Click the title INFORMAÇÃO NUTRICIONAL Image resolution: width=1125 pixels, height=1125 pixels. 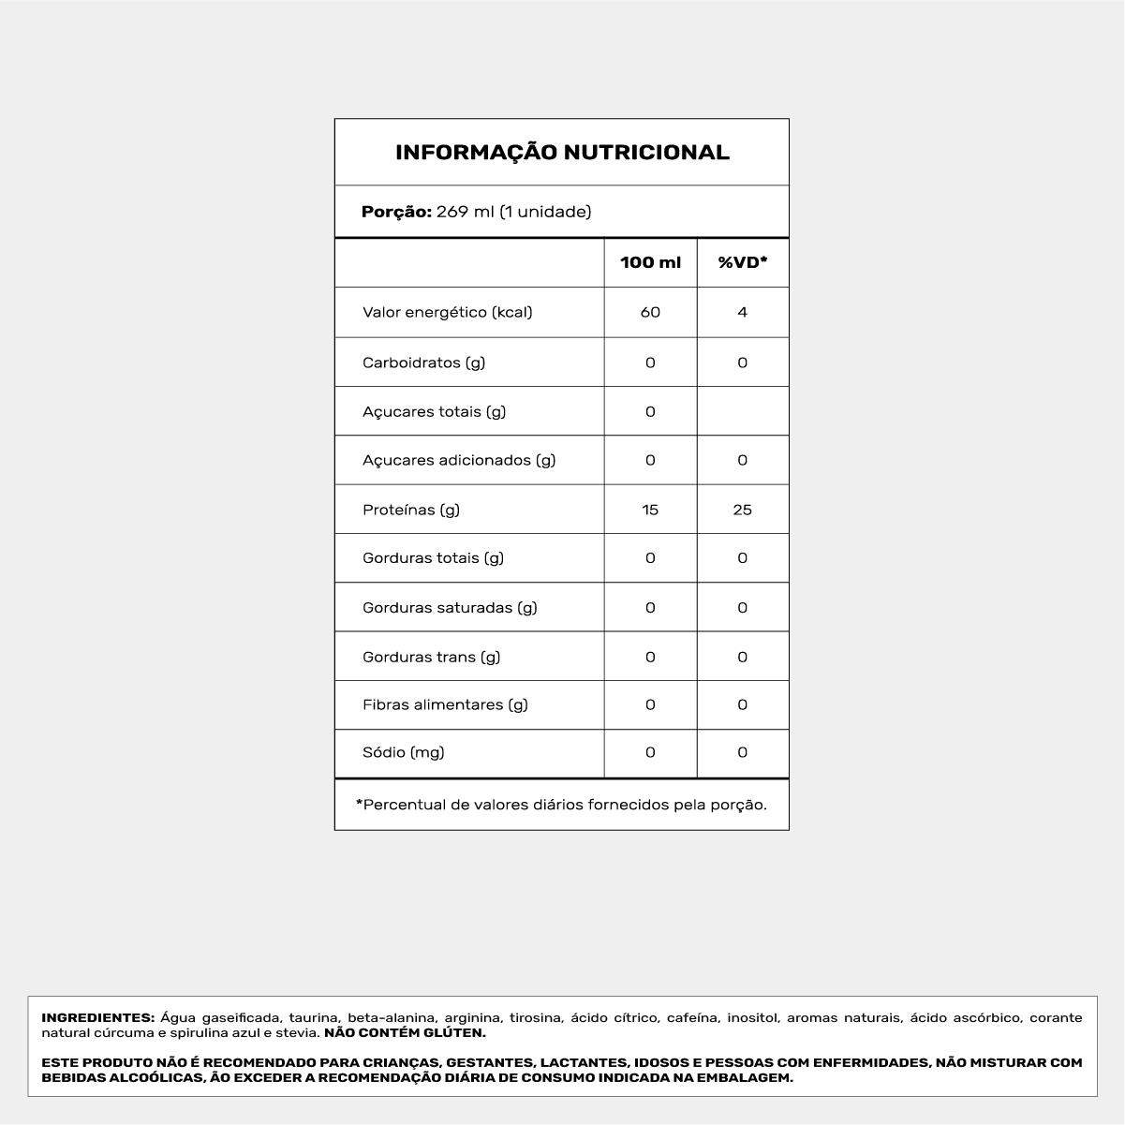[562, 153]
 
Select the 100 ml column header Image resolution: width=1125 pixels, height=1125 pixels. [650, 263]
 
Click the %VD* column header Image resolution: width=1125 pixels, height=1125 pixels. [743, 263]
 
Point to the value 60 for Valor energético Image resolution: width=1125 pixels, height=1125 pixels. [650, 312]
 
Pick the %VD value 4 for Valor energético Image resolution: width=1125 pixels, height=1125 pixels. [743, 312]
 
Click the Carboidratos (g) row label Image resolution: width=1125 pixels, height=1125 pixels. [423, 363]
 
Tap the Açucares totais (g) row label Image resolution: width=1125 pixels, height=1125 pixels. [434, 411]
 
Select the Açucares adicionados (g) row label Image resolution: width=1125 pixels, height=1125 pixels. [459, 460]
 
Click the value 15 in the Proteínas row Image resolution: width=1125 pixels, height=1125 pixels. [650, 510]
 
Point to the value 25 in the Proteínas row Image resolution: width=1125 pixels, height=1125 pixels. [743, 510]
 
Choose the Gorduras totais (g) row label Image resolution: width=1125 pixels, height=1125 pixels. [433, 558]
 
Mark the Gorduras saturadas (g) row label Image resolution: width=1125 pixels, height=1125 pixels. [450, 607]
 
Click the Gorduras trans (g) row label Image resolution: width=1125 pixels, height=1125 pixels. [431, 657]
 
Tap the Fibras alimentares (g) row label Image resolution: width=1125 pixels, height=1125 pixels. [445, 704]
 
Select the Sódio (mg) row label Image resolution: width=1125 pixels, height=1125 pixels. [403, 752]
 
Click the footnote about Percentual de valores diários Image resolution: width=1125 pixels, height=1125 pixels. [561, 805]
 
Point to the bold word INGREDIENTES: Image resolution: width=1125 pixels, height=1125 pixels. [97, 1017]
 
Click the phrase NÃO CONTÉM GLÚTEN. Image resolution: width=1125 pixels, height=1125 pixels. [405, 1033]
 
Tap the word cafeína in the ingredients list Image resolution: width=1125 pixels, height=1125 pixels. [692, 1017]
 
